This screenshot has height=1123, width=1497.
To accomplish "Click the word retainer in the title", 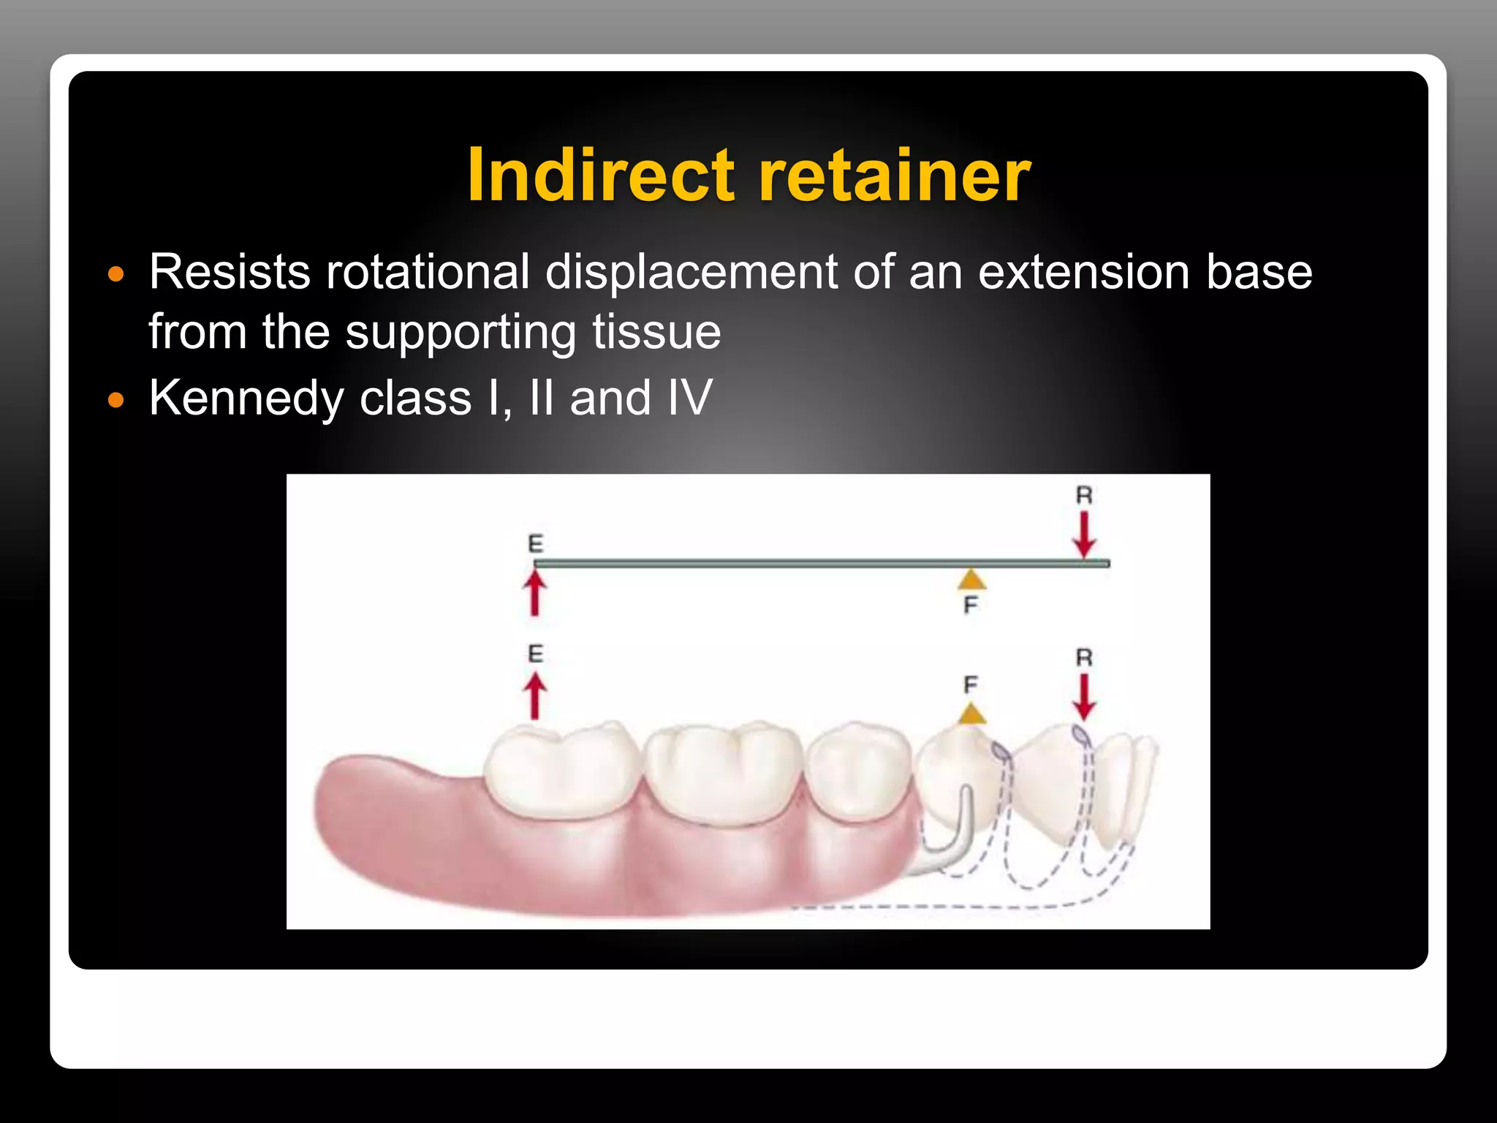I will point(895,176).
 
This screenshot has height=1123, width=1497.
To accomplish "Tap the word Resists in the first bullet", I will point(230,272).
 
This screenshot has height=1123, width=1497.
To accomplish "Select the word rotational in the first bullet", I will point(428,272).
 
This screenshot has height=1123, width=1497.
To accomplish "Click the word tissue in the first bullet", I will point(656,332).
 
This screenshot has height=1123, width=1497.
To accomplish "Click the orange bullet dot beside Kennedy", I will point(116,400).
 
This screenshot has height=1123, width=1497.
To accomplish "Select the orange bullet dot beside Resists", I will point(116,275).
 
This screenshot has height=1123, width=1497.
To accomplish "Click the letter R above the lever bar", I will point(1084,496).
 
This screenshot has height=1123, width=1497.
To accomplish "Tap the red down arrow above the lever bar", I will point(1084,534).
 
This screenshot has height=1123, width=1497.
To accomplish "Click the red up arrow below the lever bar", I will point(535,594).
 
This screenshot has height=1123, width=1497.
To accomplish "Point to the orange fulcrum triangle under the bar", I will point(971,580).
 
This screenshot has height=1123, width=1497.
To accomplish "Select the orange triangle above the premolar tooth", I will point(971,714).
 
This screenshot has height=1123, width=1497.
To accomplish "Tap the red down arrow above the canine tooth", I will point(1084,697).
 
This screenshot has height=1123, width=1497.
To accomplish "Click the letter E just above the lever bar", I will point(536,544).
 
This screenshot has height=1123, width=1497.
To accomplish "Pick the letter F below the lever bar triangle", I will point(971,605).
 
